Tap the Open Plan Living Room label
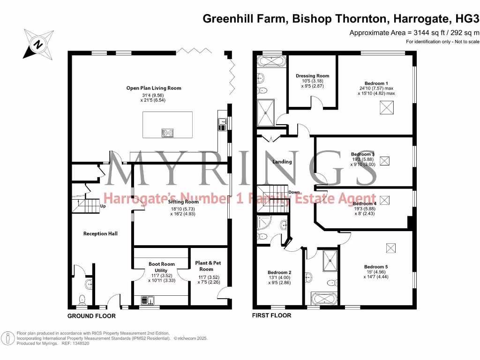click(154, 88)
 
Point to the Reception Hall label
click(100, 233)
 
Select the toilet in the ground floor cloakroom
click(83, 299)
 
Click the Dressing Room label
click(312, 75)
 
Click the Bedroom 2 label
click(279, 272)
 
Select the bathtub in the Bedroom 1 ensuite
click(270, 61)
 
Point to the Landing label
click(282, 162)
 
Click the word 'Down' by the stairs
click(294, 193)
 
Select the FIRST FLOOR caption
click(271, 315)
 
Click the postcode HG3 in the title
click(469, 19)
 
